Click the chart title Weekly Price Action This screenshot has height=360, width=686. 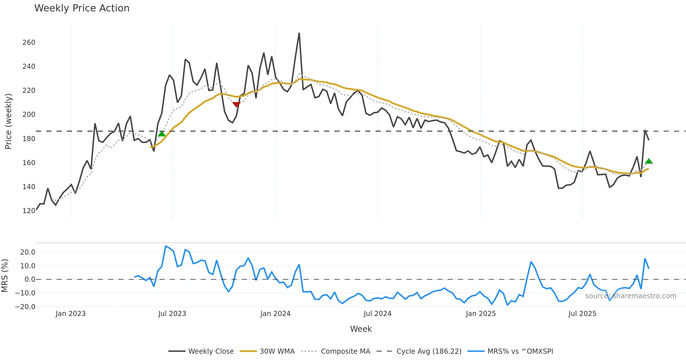click(x=82, y=8)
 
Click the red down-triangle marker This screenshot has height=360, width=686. click(x=236, y=105)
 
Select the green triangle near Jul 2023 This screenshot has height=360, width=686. click(x=162, y=134)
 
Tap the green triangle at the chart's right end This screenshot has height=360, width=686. click(x=649, y=161)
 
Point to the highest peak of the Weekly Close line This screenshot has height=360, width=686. click(x=299, y=33)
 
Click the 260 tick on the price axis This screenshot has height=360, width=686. click(x=29, y=43)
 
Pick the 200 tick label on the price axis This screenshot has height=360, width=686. click(x=29, y=115)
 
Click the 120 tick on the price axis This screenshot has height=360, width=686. click(x=29, y=211)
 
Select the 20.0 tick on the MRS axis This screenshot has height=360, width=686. click(x=28, y=252)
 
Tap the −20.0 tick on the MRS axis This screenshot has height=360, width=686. click(x=25, y=307)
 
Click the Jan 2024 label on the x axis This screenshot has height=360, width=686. click(x=275, y=314)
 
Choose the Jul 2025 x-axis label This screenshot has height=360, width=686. click(x=582, y=314)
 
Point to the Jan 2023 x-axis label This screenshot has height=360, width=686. click(x=71, y=314)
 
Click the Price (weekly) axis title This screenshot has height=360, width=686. click(x=9, y=121)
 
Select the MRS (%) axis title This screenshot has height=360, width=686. click(x=5, y=276)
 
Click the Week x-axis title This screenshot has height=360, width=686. click(x=361, y=329)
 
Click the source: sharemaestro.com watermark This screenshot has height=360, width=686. click(x=631, y=296)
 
